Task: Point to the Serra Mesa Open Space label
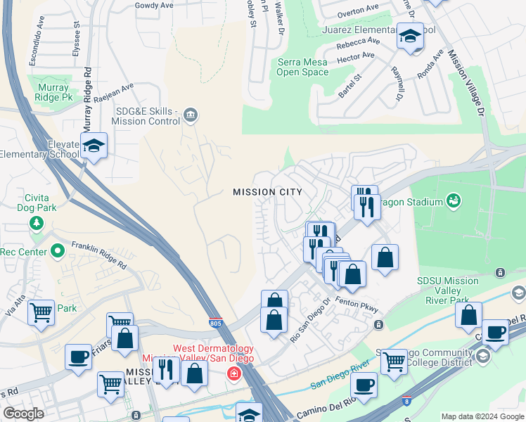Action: [x=302, y=67]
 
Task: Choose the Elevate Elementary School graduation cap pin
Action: [x=93, y=146]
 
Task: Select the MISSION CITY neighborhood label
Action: [x=268, y=192]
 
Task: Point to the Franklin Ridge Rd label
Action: [x=98, y=256]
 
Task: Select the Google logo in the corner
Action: [x=23, y=414]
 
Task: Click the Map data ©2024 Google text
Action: [x=482, y=416]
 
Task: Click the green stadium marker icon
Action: [x=454, y=202]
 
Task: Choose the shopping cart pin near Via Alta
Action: [x=41, y=311]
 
